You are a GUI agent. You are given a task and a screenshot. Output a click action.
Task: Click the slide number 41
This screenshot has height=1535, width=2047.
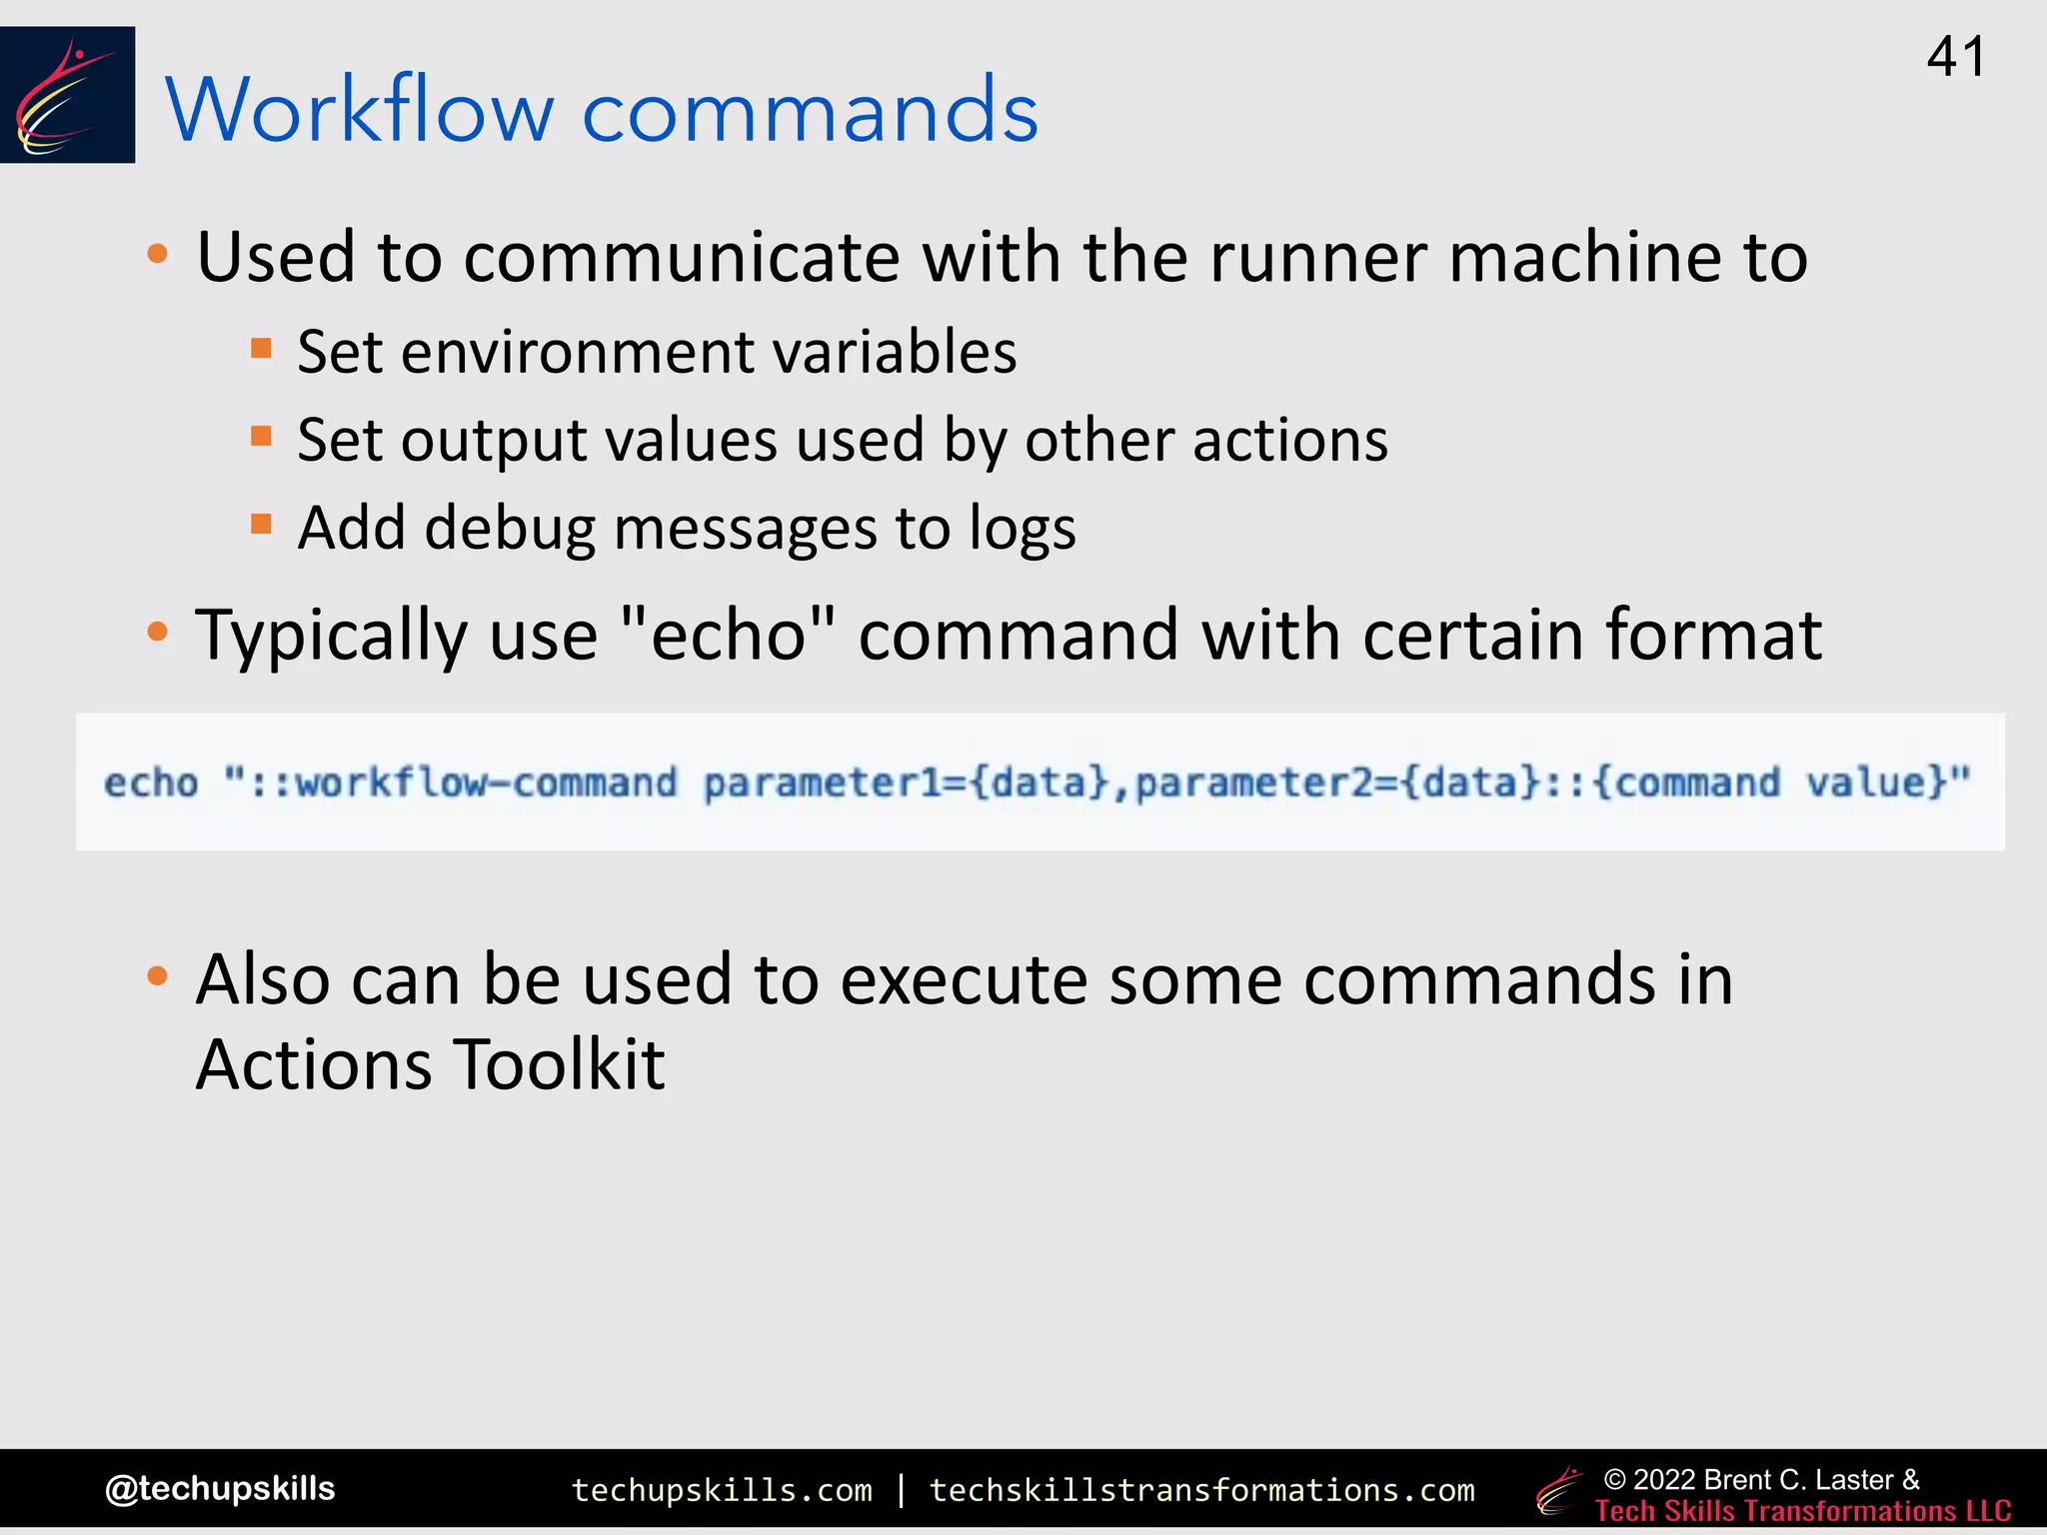pyautogui.click(x=1955, y=57)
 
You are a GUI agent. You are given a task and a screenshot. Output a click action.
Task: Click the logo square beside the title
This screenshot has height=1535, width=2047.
pyautogui.click(x=67, y=95)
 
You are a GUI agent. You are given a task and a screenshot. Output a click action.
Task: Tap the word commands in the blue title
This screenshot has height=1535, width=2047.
pyautogui.click(x=810, y=112)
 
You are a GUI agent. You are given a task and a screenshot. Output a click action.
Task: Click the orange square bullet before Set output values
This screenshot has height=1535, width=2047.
pyautogui.click(x=262, y=436)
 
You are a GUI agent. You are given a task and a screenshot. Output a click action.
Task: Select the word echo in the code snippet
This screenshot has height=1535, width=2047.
pyautogui.click(x=151, y=782)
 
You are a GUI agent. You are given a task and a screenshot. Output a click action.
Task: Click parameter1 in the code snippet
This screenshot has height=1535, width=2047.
pyautogui.click(x=823, y=782)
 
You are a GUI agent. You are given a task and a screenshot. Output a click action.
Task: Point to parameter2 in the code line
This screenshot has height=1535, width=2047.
pyautogui.click(x=1255, y=782)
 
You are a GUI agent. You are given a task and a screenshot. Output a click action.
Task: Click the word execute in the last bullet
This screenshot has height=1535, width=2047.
pyautogui.click(x=964, y=979)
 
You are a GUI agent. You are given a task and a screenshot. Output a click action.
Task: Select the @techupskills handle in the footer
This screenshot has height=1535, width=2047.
pyautogui.click(x=220, y=1488)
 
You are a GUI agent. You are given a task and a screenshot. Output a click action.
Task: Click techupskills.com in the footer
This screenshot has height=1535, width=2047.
pyautogui.click(x=721, y=1490)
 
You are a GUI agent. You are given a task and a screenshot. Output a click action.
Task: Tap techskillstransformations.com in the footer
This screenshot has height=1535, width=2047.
pyautogui.click(x=1201, y=1490)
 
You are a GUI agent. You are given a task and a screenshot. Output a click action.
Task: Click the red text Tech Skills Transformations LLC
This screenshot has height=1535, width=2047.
pyautogui.click(x=1802, y=1511)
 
